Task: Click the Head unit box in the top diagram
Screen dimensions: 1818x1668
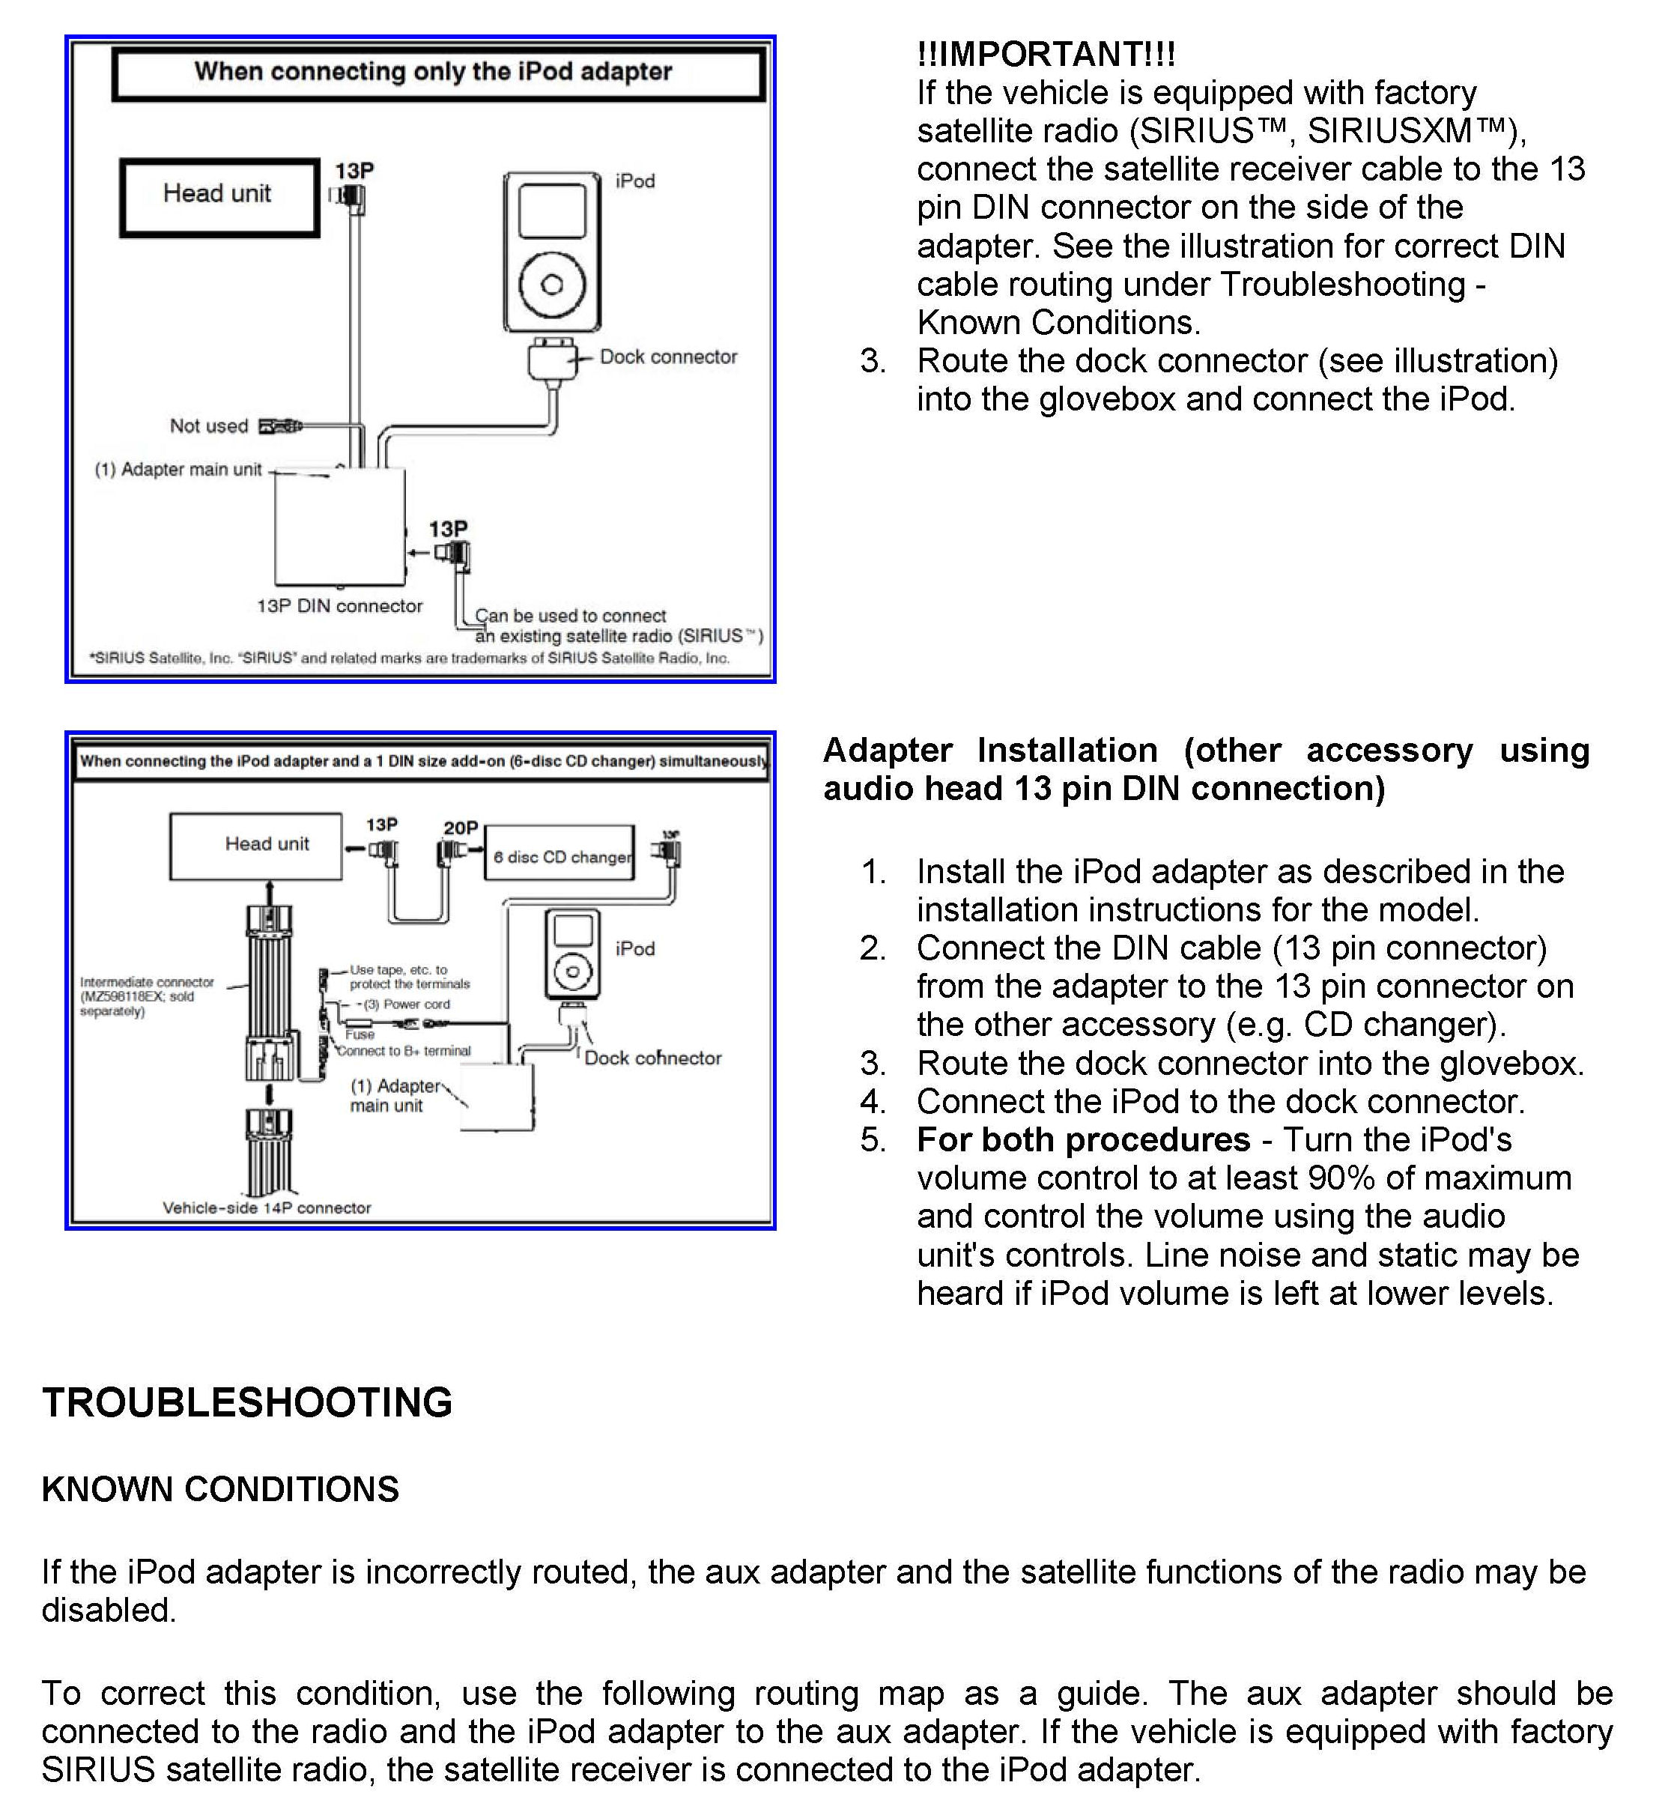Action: [x=219, y=197]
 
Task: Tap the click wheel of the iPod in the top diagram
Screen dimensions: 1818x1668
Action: [x=551, y=285]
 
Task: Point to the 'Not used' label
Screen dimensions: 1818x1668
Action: [x=208, y=426]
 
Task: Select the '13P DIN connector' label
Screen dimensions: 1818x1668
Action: [x=339, y=607]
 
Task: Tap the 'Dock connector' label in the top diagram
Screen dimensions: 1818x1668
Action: [x=668, y=357]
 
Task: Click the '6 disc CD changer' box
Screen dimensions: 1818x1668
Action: [x=559, y=854]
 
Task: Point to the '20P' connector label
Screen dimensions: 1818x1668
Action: [x=461, y=828]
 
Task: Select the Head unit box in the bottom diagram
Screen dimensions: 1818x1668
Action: [x=256, y=845]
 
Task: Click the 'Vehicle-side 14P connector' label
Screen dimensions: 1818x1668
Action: [x=267, y=1208]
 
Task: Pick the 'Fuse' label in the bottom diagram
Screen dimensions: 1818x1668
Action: [x=360, y=1035]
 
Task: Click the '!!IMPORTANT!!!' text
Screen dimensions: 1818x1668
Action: [x=1046, y=55]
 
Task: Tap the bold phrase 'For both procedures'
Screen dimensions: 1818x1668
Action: [x=1083, y=1140]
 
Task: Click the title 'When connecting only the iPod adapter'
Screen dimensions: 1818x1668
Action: [x=433, y=72]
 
